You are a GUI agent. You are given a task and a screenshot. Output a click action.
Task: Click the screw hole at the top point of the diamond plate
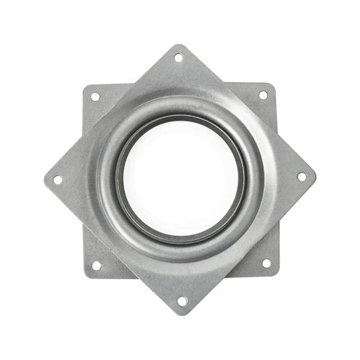tap(178, 57)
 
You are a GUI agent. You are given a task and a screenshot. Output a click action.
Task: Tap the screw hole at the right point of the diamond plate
tap(302, 177)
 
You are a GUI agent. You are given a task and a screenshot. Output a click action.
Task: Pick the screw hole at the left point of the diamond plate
tap(58, 180)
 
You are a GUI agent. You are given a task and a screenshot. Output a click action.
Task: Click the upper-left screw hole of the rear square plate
tap(95, 96)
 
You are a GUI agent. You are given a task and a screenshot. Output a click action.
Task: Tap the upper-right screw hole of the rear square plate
tap(263, 95)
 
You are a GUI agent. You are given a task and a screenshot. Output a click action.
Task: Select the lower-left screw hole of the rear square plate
tap(96, 265)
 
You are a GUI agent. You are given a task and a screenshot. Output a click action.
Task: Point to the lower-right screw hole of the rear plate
tap(266, 263)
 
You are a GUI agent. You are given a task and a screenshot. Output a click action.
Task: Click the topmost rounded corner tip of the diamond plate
tap(179, 46)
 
